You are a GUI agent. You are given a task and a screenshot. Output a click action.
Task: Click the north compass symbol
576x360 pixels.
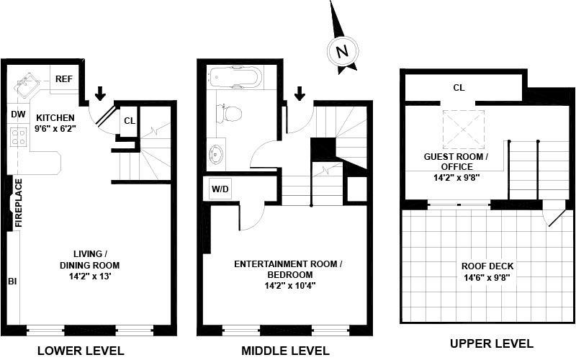coord(342,51)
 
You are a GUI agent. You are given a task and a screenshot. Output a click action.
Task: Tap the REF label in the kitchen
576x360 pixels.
coord(64,78)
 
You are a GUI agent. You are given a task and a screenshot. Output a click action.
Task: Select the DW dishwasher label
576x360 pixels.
coord(18,114)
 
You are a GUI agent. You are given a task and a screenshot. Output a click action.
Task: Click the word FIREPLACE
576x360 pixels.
coord(19,204)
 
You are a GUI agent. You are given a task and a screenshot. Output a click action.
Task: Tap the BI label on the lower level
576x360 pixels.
coord(12,281)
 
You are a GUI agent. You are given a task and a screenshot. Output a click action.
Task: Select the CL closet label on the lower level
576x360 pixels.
coord(128,121)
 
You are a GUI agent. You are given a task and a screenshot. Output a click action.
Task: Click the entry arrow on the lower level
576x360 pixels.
coord(100,93)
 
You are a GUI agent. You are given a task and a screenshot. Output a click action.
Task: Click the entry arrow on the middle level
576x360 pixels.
coord(300,93)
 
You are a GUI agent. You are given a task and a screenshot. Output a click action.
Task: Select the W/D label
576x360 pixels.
coord(220,190)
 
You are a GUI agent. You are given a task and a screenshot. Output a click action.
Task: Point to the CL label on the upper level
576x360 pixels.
coord(459,88)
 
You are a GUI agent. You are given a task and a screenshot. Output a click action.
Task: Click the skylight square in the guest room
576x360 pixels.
coord(463,130)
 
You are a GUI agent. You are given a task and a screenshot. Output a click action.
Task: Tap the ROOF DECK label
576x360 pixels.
coord(487,266)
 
